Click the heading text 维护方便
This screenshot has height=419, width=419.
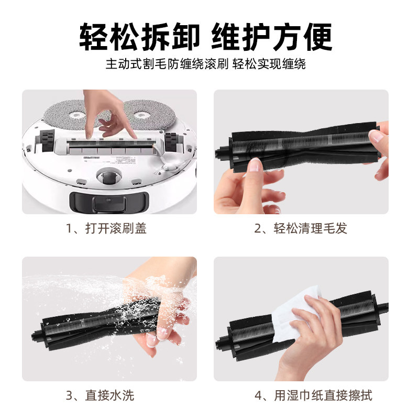(272, 37)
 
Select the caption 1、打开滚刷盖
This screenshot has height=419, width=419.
(106, 228)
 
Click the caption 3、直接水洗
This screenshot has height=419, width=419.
(100, 395)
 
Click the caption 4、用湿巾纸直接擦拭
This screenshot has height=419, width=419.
(313, 395)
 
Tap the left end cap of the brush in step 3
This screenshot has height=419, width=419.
(37, 333)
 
